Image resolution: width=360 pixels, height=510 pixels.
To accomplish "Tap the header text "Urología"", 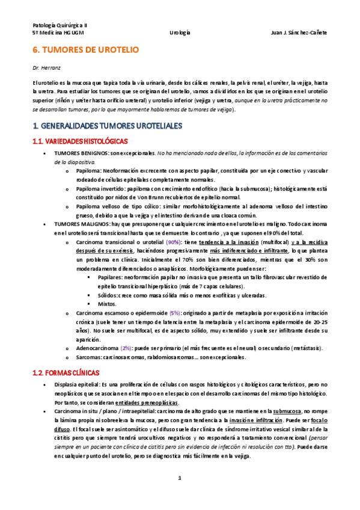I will [x=180, y=34].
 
